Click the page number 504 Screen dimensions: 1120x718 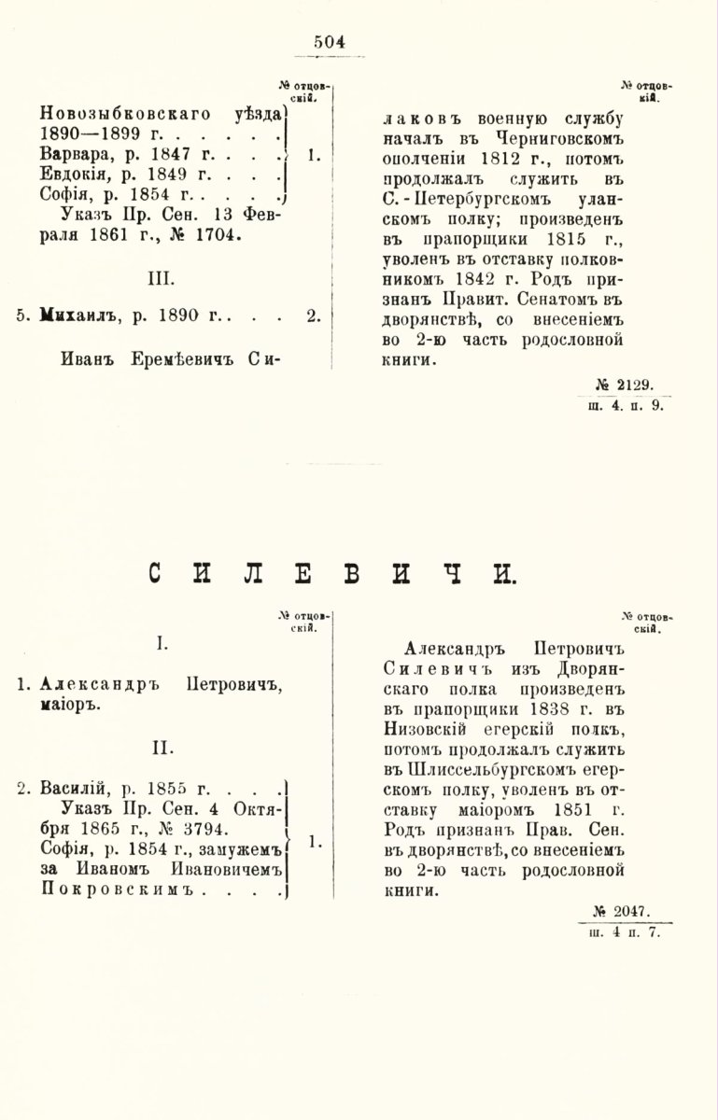coord(330,40)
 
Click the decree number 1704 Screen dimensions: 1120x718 coord(217,236)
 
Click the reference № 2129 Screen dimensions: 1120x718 coord(628,384)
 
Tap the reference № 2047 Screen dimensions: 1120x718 coord(628,910)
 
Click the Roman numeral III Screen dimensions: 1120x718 coord(161,278)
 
